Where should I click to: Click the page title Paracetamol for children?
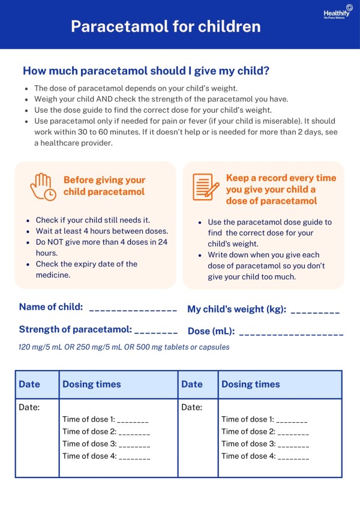coord(166,26)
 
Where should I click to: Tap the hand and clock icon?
coord(43,187)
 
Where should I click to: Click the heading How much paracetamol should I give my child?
coord(146,71)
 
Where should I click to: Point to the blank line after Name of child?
coord(133,310)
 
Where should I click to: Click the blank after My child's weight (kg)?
coord(314,312)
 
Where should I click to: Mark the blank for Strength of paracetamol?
coord(156,332)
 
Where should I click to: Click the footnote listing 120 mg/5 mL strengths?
coord(124,347)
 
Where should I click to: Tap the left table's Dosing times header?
coord(92,384)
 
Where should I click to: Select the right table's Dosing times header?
coord(251,384)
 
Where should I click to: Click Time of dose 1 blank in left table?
coord(133,422)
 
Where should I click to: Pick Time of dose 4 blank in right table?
coord(293,458)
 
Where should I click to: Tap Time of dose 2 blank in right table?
coord(293,434)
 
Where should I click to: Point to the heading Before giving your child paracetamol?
coord(104,186)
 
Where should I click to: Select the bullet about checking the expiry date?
coord(86,269)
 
